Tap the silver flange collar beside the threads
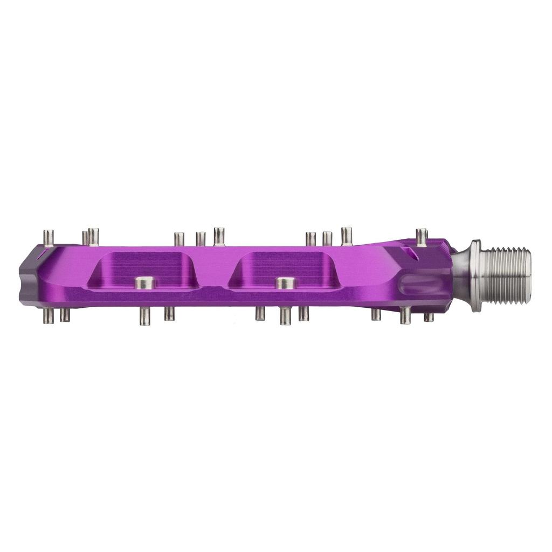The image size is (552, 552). click(x=476, y=275)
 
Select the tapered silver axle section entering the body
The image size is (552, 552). click(x=461, y=275)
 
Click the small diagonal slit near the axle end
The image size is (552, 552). click(x=412, y=254)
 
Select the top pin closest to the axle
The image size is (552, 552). click(x=422, y=237)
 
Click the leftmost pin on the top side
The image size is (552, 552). click(x=49, y=238)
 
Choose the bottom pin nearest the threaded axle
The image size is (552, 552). click(x=429, y=317)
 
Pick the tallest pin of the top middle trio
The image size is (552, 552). click(x=219, y=236)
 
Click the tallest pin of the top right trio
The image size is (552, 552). click(x=347, y=236)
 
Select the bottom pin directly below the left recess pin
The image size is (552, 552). click(x=144, y=316)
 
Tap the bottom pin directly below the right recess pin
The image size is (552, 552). click(x=285, y=316)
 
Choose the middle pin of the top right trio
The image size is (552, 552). click(x=327, y=238)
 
